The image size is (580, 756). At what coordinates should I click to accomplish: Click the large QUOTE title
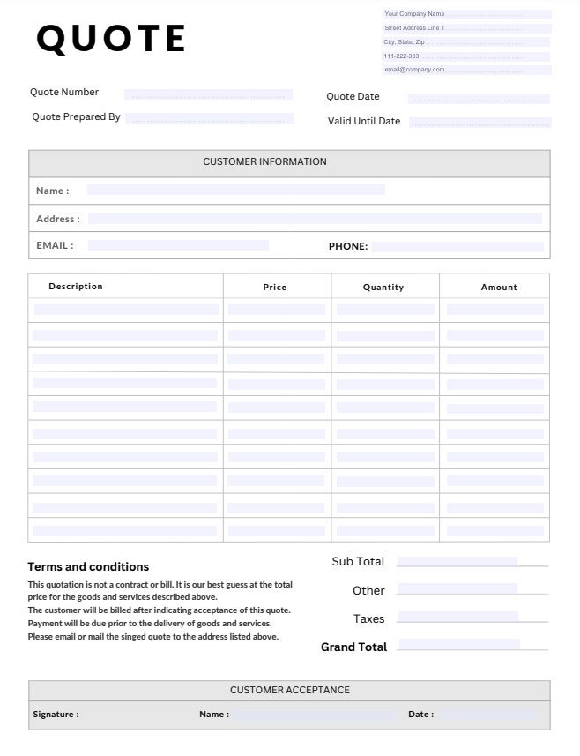(111, 39)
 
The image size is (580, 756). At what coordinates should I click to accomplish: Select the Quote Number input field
(208, 94)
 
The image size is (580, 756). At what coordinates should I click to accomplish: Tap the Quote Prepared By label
(76, 117)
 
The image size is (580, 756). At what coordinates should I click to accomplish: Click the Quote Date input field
(479, 99)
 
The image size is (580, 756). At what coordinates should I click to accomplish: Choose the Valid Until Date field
(480, 123)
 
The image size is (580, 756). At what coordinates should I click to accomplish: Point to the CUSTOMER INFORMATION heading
(264, 162)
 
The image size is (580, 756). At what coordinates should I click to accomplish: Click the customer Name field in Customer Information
(235, 190)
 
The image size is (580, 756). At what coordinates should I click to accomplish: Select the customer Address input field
(314, 219)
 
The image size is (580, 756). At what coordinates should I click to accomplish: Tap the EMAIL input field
(178, 245)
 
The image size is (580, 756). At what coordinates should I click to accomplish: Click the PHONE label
(348, 247)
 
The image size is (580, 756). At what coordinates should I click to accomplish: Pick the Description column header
(76, 287)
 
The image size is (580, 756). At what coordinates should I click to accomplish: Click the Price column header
(275, 288)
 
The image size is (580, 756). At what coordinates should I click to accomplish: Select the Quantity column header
(383, 288)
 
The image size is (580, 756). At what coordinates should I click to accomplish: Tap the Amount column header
(499, 288)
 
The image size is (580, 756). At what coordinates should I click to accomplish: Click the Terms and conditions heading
(88, 567)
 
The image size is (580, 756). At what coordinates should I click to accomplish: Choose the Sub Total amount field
(457, 562)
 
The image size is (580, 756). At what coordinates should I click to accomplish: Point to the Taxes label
(369, 619)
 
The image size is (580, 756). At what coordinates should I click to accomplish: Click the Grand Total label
(353, 647)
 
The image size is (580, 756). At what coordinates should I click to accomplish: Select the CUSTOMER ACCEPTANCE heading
(290, 691)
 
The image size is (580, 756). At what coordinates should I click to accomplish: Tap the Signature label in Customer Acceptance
(56, 715)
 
